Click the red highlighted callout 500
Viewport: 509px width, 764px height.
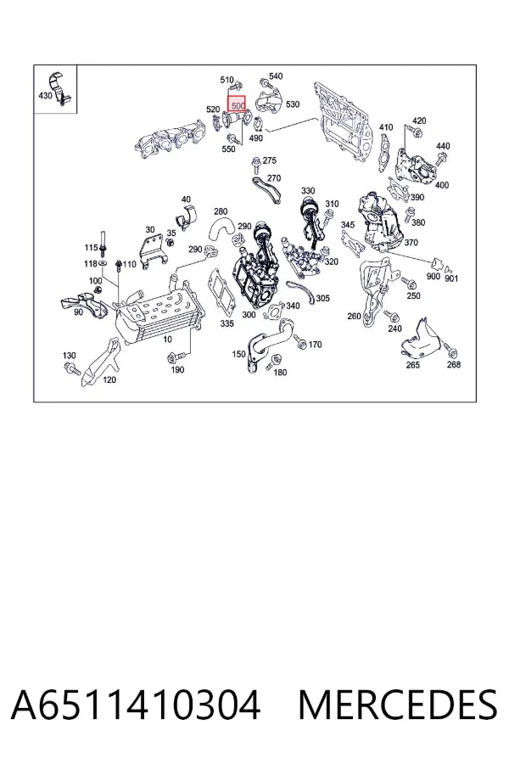238,104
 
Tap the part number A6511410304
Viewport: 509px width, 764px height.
136,705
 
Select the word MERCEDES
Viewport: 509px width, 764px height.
398,705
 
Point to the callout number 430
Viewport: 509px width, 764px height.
45,95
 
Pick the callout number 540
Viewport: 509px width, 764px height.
276,76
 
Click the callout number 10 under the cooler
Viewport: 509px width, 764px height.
168,339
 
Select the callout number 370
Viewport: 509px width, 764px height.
411,242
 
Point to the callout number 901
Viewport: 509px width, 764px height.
451,278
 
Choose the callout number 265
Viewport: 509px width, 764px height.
412,364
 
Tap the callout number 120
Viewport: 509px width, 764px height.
110,379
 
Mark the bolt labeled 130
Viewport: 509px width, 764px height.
72,369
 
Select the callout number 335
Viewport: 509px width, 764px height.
227,323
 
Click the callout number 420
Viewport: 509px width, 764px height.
419,121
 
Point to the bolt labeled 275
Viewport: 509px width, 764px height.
255,165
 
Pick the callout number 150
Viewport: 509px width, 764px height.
238,354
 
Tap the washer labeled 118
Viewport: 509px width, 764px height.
103,264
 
